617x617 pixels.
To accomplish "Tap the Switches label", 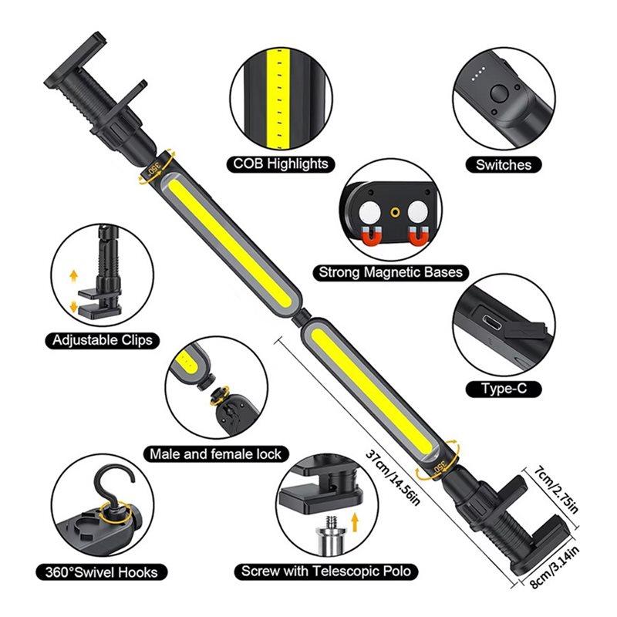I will click(503, 164).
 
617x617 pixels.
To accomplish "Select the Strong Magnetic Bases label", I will click(392, 272).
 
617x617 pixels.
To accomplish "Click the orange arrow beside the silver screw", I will click(356, 527).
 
